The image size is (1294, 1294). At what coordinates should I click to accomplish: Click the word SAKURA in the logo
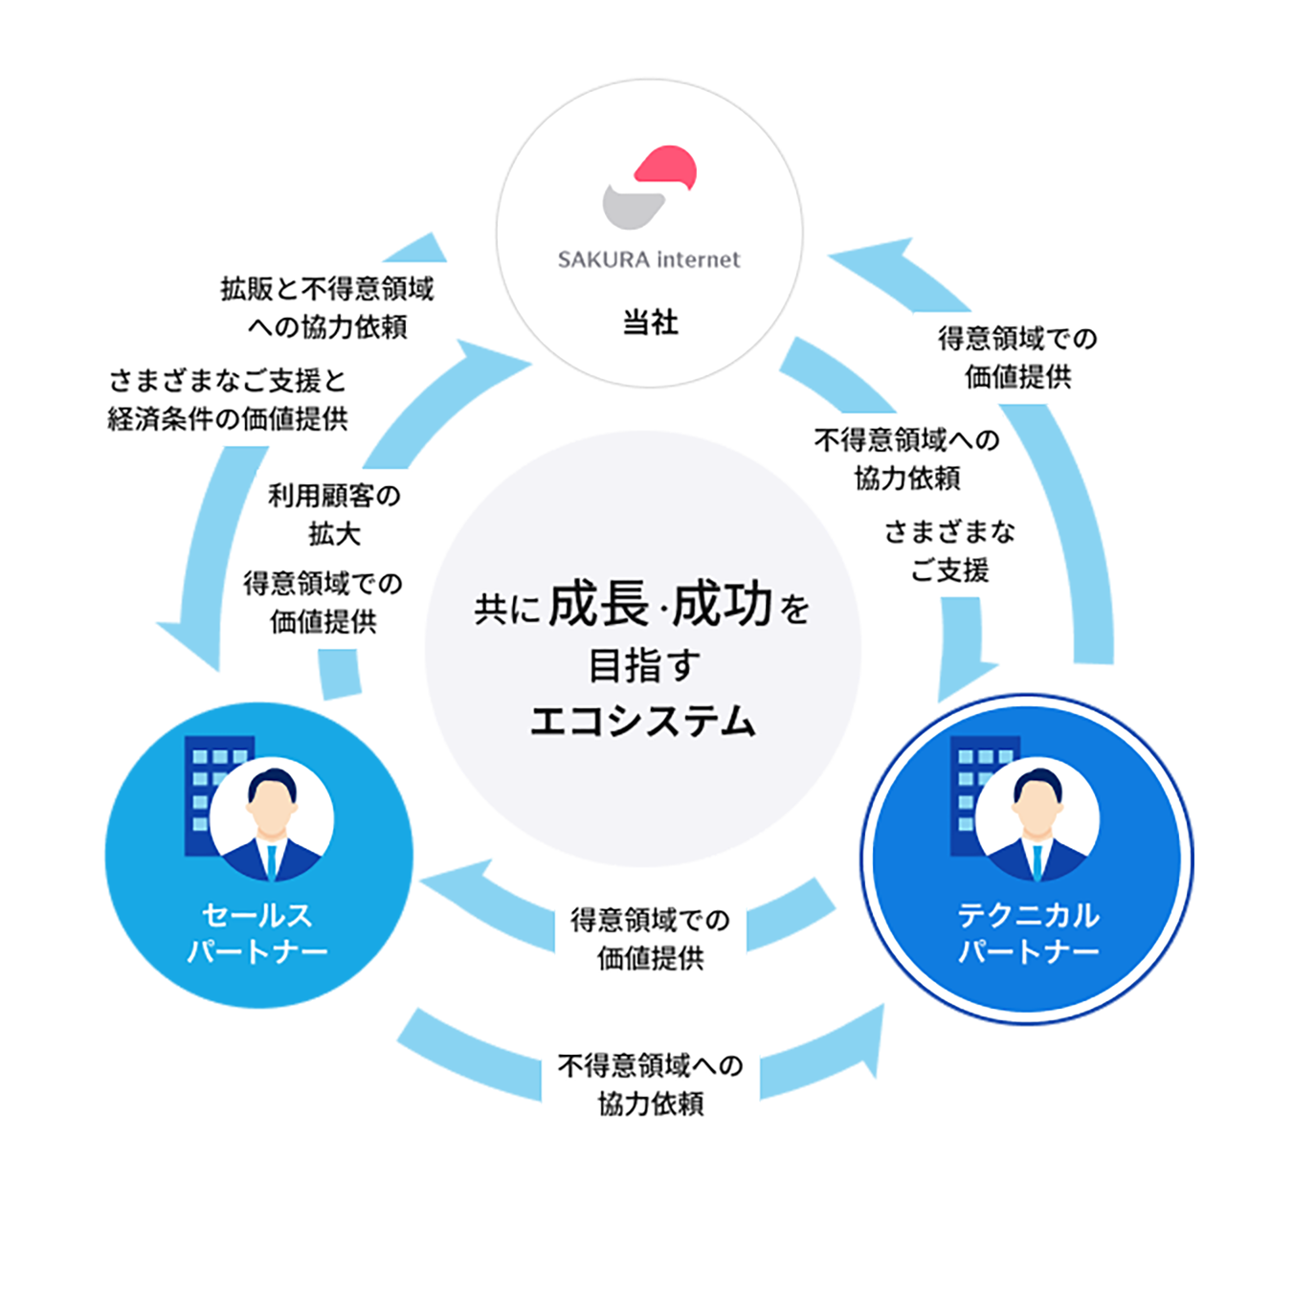pos(604,259)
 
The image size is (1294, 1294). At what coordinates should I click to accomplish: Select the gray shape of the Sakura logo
pos(633,205)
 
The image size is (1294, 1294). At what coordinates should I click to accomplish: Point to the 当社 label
pos(650,323)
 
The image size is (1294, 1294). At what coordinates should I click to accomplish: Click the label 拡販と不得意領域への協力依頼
pos(327,307)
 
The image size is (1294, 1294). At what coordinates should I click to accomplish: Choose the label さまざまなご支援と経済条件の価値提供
pos(228,399)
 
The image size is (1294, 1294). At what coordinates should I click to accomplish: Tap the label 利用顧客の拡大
pos(333,514)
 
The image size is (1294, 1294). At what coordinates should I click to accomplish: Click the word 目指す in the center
pos(643,666)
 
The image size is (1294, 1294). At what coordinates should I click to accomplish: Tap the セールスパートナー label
pos(257,933)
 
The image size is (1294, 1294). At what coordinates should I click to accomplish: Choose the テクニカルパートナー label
pos(1028,933)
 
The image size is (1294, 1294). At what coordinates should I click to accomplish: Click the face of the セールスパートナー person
pos(272,810)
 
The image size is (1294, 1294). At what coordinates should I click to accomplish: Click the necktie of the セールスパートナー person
pos(273,860)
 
